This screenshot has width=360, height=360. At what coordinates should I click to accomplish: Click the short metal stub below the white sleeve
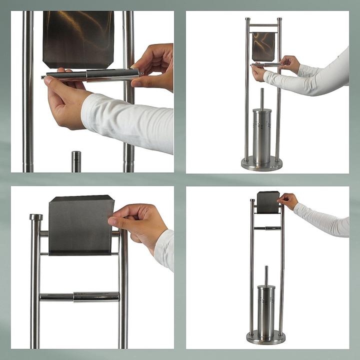pyautogui.click(x=76, y=161)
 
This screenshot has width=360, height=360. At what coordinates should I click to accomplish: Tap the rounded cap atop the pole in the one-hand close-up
pyautogui.click(x=36, y=217)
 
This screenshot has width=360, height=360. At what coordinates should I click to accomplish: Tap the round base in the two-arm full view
pyautogui.click(x=261, y=163)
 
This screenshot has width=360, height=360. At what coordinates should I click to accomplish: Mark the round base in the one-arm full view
pyautogui.click(x=266, y=337)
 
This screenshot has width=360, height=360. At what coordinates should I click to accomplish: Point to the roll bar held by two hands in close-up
pyautogui.click(x=90, y=75)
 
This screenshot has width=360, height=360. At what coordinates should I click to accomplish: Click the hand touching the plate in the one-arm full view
pyautogui.click(x=288, y=200)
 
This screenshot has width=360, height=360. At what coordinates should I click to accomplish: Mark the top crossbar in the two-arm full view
pyautogui.click(x=263, y=24)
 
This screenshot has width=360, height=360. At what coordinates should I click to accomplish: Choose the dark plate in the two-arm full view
pyautogui.click(x=263, y=46)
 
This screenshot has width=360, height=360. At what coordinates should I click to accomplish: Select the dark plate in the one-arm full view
pyautogui.click(x=268, y=202)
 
